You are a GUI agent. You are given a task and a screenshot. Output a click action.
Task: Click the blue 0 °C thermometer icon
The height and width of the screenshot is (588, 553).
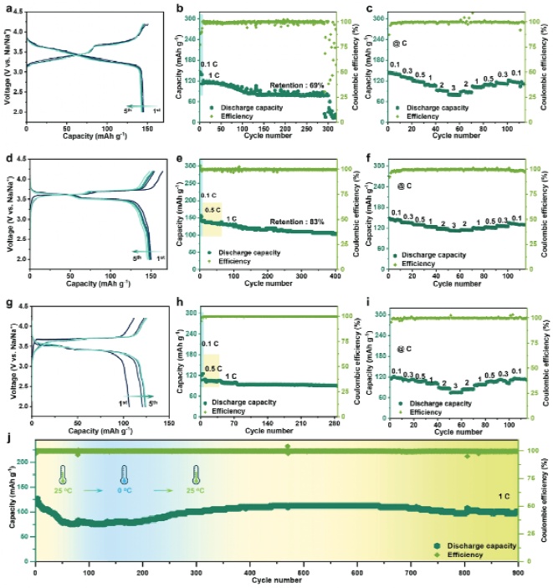[124, 475]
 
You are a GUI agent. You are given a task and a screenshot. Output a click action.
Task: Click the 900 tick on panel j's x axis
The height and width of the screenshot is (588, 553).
[518, 570]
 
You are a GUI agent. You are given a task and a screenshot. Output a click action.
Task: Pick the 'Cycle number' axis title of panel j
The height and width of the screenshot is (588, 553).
[276, 579]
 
